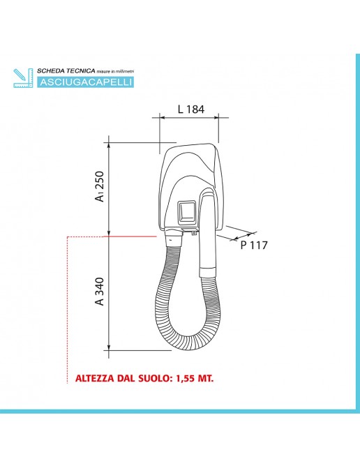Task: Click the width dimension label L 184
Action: (190, 109)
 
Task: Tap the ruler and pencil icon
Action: (23, 77)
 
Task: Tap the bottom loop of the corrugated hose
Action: (188, 343)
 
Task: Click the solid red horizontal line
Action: (133, 237)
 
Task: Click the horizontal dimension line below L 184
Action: (190, 119)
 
